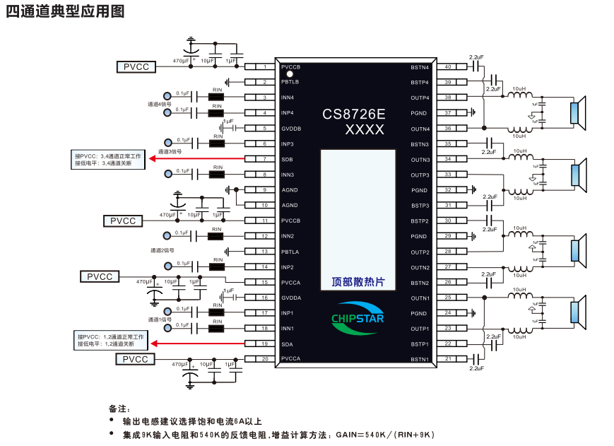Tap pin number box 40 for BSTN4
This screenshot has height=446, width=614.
point(448,67)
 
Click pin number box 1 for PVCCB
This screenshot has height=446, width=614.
point(264,67)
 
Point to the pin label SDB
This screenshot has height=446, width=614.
point(287,159)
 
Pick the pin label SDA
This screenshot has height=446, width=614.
point(287,344)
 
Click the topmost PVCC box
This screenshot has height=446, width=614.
point(136,67)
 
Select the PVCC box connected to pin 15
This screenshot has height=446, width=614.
point(100,276)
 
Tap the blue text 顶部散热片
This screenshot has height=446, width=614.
point(358,282)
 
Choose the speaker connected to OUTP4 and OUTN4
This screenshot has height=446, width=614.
point(577,114)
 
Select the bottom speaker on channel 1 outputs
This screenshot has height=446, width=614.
point(577,313)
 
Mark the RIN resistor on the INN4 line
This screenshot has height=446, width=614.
point(217,98)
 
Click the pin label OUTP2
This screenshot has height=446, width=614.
point(420,252)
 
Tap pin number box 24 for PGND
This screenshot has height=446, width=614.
point(448,313)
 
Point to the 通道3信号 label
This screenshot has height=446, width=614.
point(170,151)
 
